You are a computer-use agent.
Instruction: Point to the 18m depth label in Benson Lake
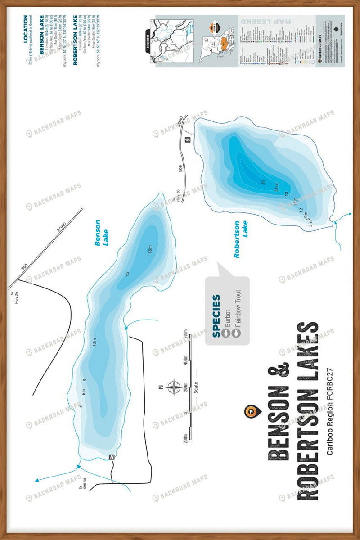150,248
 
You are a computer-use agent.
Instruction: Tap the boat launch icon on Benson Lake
112,457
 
